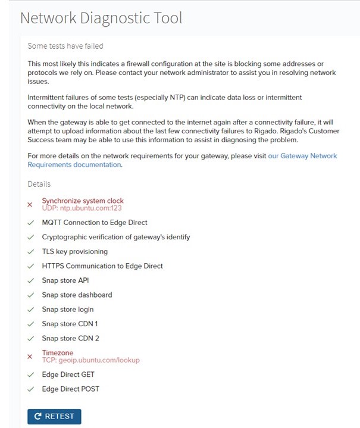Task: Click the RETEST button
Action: [54, 417]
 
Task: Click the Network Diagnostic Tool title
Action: [101, 18]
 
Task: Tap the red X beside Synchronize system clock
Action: [30, 205]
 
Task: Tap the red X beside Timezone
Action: [30, 357]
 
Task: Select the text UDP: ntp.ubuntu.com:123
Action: [82, 208]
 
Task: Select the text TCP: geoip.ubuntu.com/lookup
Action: [90, 360]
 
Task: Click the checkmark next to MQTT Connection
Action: [30, 223]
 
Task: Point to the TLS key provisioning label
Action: [74, 251]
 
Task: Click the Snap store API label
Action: [65, 280]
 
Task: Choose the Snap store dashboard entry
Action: [77, 295]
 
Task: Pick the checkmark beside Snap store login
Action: [30, 310]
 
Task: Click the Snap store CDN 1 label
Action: [70, 324]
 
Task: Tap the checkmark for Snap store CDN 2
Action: [30, 339]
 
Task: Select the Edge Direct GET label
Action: [68, 374]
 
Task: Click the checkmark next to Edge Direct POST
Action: [30, 389]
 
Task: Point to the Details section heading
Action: [39, 184]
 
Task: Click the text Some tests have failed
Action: [65, 46]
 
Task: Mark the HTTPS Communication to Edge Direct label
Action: [102, 266]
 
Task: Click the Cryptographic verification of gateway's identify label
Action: [116, 237]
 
